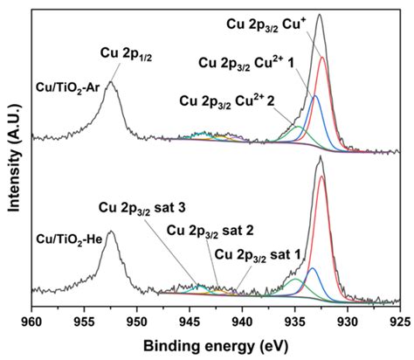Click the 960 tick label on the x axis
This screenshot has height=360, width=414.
tap(32, 320)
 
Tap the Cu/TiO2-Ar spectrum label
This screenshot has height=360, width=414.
tap(68, 88)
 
